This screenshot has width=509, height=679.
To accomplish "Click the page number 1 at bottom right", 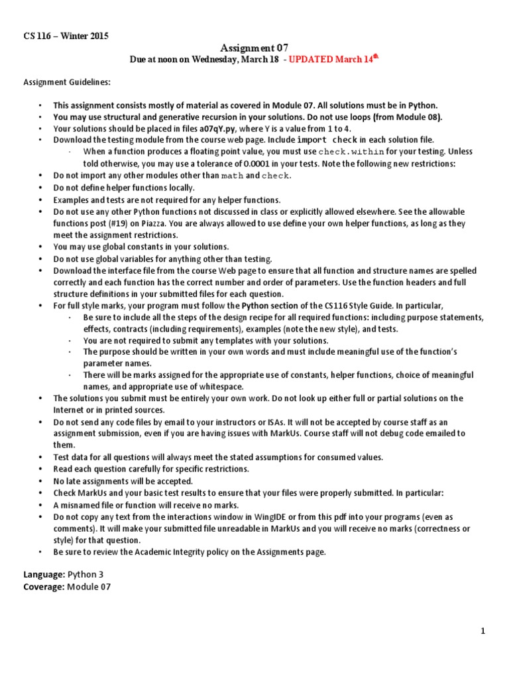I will [x=484, y=632].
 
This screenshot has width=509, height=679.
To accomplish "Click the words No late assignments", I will [x=88, y=481].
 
